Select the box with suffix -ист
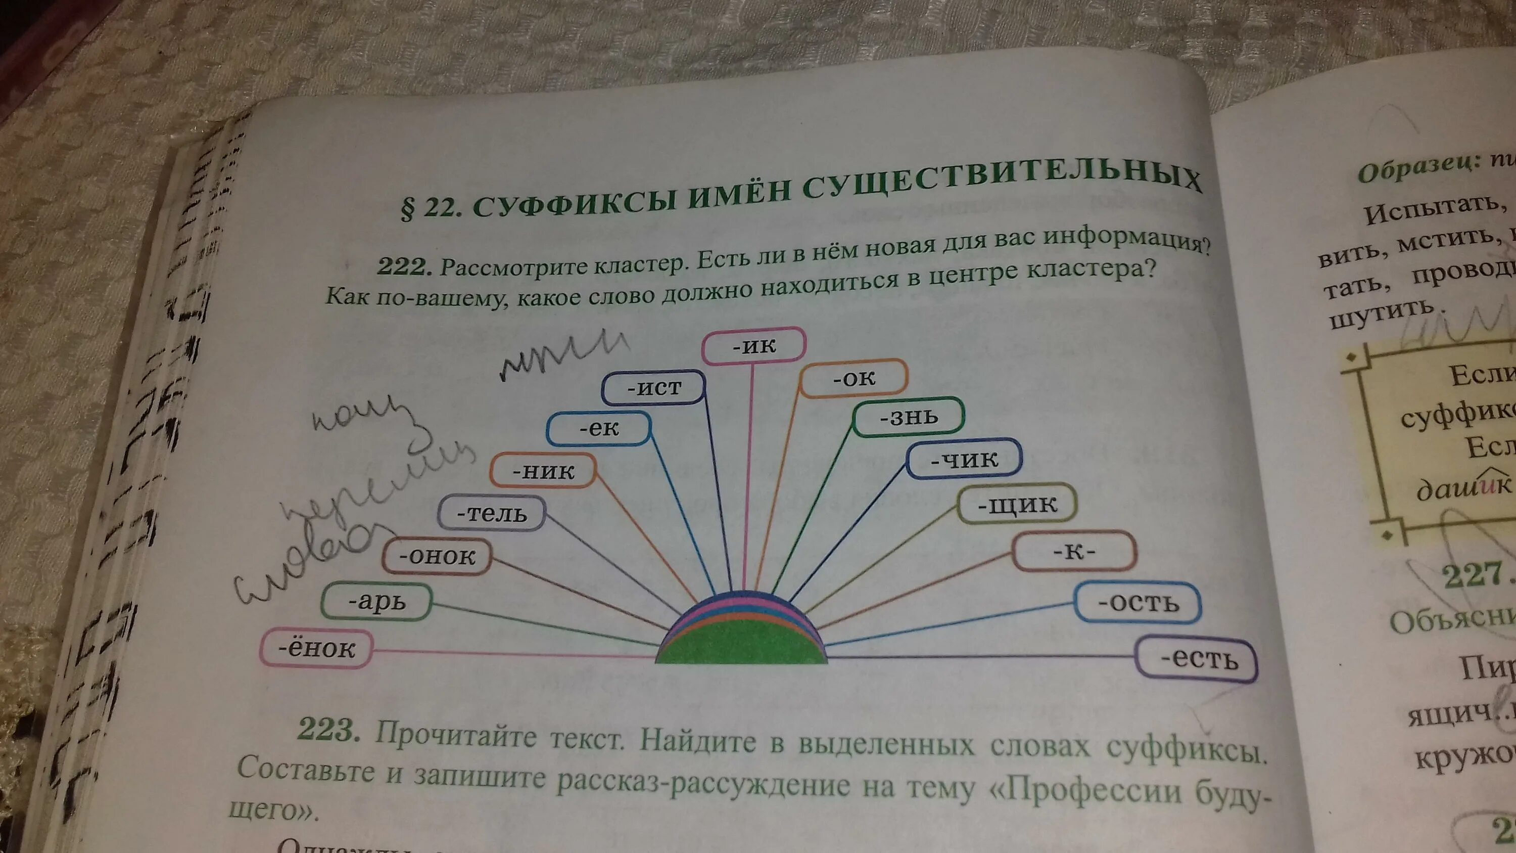click(654, 388)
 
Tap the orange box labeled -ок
click(854, 378)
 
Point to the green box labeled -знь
click(909, 417)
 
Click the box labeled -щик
click(1017, 504)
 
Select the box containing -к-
click(1074, 552)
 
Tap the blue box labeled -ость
click(1138, 603)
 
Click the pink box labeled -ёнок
click(317, 649)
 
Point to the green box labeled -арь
click(376, 602)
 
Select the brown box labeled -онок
click(437, 556)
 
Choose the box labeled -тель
click(491, 514)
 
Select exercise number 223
click(325, 731)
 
